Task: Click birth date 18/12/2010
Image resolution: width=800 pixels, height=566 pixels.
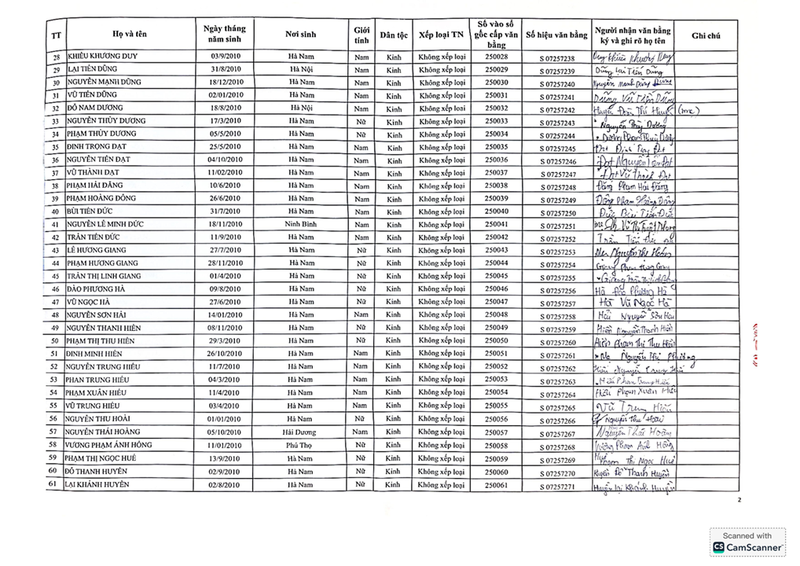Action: point(225,82)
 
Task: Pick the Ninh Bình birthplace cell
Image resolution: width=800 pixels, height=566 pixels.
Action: point(300,224)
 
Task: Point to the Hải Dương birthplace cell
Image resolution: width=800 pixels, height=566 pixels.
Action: point(300,432)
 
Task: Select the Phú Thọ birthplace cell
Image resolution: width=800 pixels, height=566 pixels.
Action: point(300,445)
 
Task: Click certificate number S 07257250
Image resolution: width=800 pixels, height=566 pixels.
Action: point(557,213)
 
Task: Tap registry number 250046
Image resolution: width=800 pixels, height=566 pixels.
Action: point(496,289)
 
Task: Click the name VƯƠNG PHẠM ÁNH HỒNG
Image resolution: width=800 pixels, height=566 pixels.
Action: point(109,445)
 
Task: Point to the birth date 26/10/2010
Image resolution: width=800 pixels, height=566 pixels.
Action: point(225,354)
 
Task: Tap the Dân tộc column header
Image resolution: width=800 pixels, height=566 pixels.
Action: point(394,35)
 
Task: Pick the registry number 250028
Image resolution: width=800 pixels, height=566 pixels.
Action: point(496,57)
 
